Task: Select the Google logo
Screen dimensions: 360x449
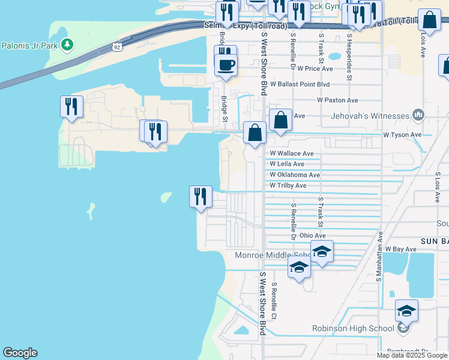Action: pyautogui.click(x=20, y=353)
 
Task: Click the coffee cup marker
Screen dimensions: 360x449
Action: pyautogui.click(x=226, y=65)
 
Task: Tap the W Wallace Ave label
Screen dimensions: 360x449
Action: pyautogui.click(x=292, y=154)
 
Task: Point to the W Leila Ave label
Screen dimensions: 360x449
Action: pyautogui.click(x=287, y=164)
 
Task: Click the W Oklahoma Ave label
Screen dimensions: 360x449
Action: pyautogui.click(x=295, y=175)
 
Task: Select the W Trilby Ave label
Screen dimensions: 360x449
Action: pyautogui.click(x=288, y=185)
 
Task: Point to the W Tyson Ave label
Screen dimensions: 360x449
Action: pyautogui.click(x=402, y=134)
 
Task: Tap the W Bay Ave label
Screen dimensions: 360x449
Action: pyautogui.click(x=400, y=248)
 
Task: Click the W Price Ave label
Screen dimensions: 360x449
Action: pyautogui.click(x=315, y=69)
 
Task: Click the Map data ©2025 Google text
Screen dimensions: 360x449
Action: pyautogui.click(x=412, y=355)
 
